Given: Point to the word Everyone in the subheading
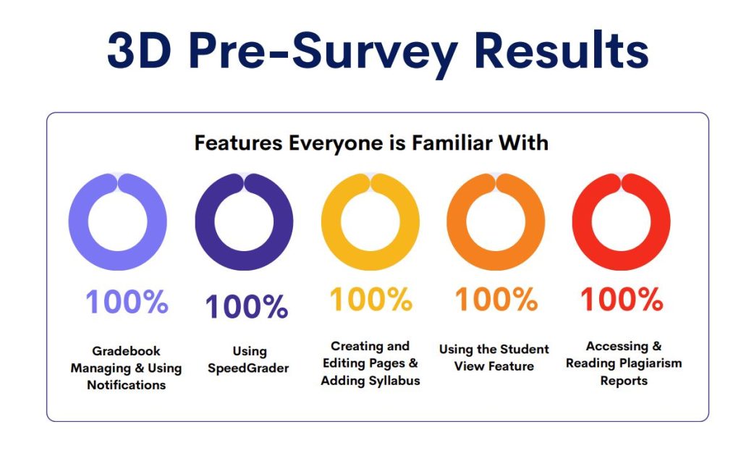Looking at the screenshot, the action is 336,143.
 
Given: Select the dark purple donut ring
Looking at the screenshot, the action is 205,221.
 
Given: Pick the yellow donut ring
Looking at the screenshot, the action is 331,221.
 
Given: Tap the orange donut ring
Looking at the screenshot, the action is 457,221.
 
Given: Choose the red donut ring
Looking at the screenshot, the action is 582,221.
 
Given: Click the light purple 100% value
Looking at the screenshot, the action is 127,302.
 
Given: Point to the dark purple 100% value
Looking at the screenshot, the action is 246,307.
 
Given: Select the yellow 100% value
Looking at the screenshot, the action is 371,299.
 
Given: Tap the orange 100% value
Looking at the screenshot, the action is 496,299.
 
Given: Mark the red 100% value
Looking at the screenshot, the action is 622,299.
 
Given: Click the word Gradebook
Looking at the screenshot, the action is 126,351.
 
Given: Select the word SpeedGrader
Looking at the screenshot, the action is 248,368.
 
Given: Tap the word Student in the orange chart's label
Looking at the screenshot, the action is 525,350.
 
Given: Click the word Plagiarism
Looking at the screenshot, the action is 651,363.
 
